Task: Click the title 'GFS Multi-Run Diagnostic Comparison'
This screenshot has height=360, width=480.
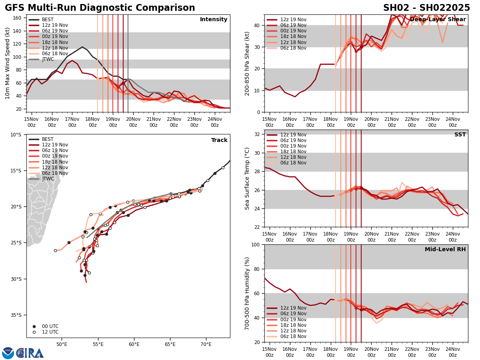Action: click(100, 8)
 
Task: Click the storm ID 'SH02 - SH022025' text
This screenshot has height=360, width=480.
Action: click(426, 8)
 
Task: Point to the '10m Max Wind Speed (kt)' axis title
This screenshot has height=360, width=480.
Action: click(8, 63)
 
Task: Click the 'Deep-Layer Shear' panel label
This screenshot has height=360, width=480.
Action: click(438, 20)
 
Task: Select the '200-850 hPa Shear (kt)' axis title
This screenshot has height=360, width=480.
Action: click(247, 63)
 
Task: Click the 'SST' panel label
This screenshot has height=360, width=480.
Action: click(460, 135)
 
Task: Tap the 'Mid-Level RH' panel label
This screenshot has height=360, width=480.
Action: click(445, 250)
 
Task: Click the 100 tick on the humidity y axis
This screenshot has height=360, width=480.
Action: click(256, 245)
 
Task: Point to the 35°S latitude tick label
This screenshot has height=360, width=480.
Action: click(16, 315)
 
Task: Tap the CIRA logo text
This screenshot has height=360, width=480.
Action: click(30, 353)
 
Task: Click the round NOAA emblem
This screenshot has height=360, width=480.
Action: click(8, 353)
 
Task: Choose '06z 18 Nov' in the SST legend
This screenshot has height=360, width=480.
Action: click(293, 163)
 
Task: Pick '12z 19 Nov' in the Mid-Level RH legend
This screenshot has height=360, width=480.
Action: click(293, 308)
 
